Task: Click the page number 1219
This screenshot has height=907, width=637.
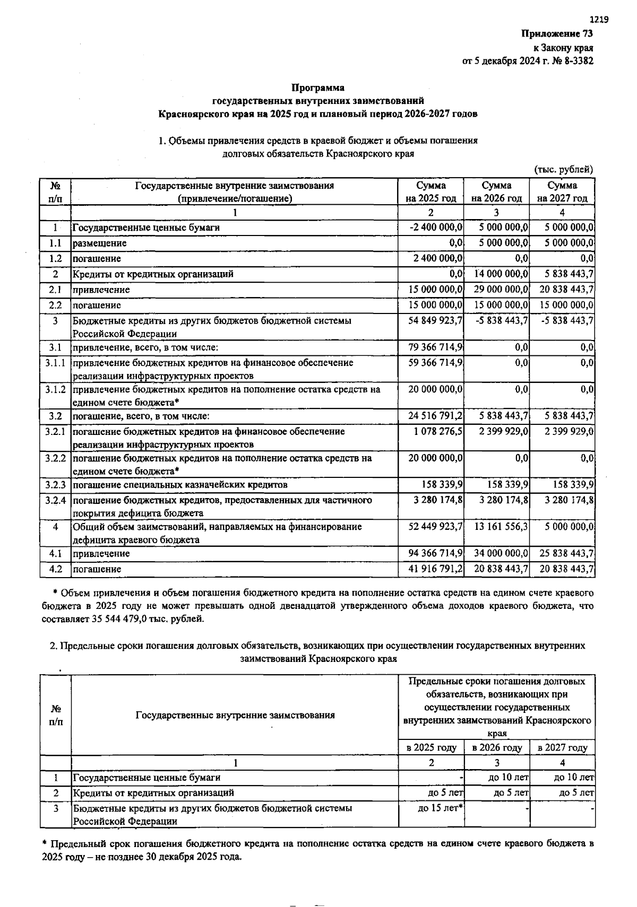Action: click(599, 20)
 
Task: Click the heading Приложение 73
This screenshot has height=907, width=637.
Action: click(557, 33)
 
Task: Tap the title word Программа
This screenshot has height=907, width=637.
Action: click(318, 88)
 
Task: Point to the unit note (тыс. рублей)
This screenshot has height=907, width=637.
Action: click(563, 170)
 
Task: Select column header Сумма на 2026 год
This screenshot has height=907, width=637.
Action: click(496, 192)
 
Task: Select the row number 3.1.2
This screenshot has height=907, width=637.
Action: click(55, 389)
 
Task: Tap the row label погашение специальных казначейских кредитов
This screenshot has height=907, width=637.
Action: click(180, 485)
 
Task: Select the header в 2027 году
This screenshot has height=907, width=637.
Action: click(563, 748)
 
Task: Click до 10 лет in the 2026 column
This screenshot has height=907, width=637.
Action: click(509, 778)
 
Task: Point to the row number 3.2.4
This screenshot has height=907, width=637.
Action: click(55, 500)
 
